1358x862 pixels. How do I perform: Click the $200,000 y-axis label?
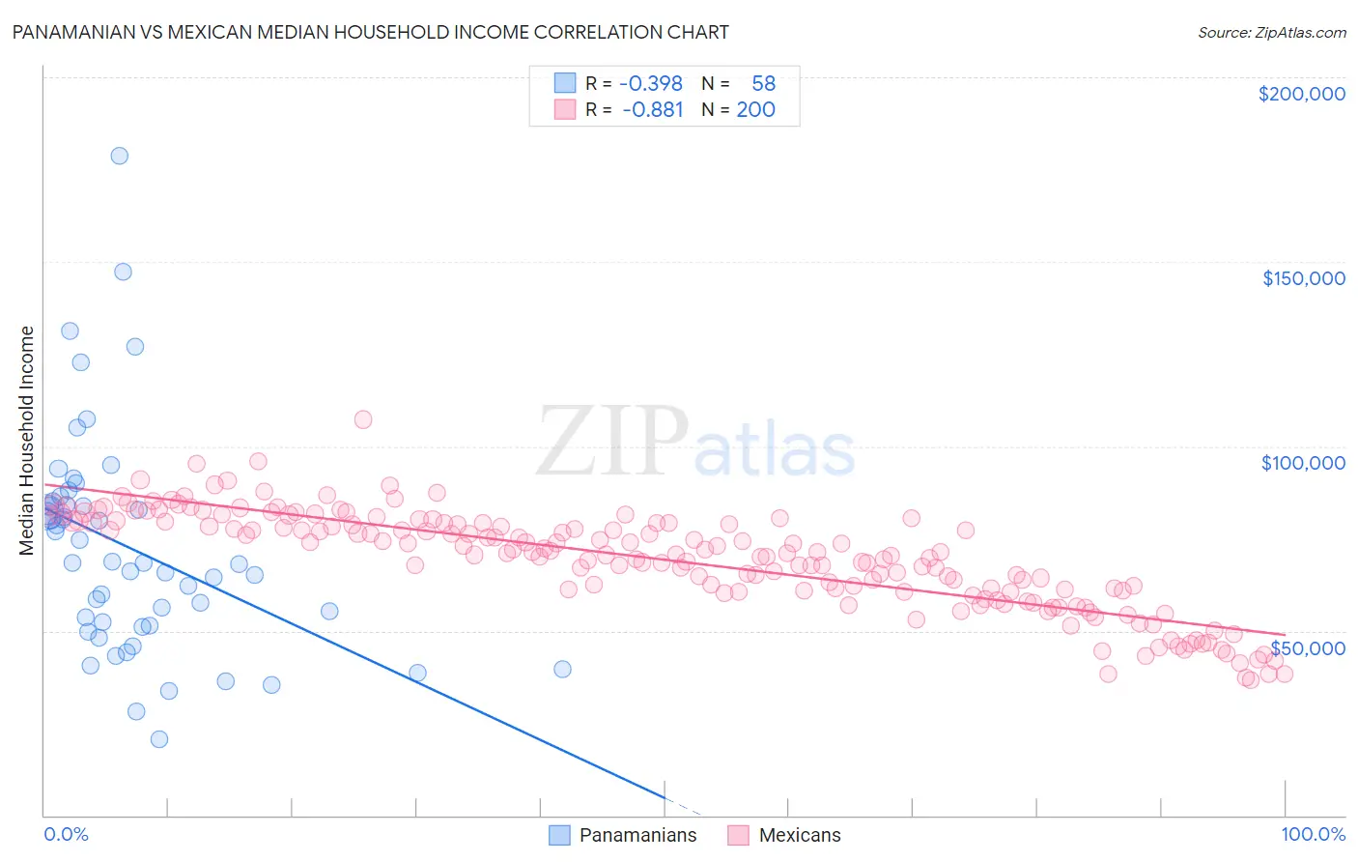point(1301,94)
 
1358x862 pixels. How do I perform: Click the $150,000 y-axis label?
point(1303,278)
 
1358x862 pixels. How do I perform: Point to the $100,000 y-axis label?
point(1303,463)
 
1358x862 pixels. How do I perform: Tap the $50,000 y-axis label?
point(1307,647)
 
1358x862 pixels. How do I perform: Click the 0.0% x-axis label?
point(66,835)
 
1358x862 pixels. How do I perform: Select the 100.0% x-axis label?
point(1313,835)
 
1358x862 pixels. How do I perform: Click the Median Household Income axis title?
point(26,441)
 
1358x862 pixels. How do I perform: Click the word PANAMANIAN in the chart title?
point(71,32)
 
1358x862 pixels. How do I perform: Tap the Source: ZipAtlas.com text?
point(1271,32)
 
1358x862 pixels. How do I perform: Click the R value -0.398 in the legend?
point(650,83)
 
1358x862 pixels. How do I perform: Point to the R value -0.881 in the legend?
point(652,109)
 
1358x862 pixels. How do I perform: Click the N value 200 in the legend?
point(755,109)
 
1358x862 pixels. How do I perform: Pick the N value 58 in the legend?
point(763,83)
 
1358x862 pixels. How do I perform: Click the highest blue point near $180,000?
point(120,156)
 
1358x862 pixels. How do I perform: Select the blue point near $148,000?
point(123,272)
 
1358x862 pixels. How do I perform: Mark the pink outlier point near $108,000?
point(363,419)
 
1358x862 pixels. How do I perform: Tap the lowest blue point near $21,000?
point(159,739)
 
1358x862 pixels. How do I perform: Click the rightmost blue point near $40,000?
point(562,669)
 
